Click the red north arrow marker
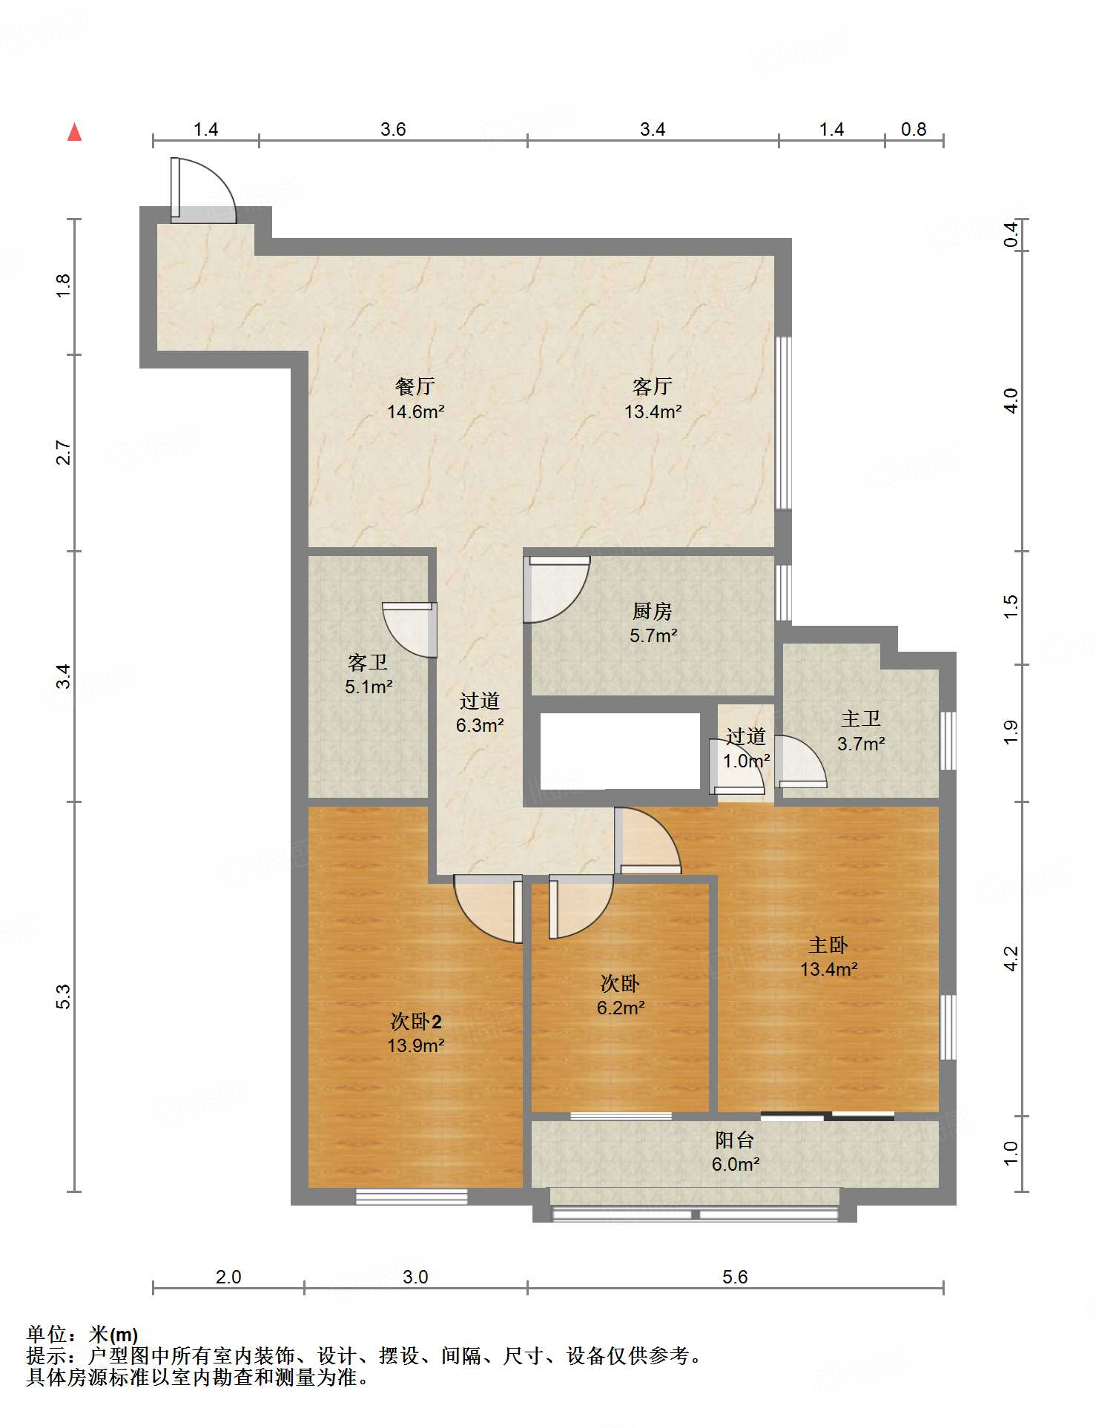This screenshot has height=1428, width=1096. (74, 132)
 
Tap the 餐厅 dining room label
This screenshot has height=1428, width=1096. (415, 386)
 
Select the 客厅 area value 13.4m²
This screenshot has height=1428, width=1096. (653, 411)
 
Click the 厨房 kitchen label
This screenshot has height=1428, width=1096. (653, 611)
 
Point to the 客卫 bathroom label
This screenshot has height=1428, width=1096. (368, 662)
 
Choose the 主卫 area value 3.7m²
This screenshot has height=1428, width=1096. (861, 744)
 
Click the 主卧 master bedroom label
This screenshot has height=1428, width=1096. (828, 945)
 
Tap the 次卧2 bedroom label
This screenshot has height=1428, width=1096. (416, 1022)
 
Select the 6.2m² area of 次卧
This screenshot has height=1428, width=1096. (621, 1008)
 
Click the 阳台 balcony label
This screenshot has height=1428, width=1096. (735, 1140)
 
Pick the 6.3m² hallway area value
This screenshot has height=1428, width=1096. (480, 725)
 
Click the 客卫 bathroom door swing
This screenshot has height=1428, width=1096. (409, 629)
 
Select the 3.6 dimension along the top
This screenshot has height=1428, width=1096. (393, 130)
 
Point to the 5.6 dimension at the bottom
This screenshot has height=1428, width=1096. (735, 1277)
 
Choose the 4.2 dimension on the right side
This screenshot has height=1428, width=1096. (1011, 958)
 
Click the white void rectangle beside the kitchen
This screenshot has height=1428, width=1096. (620, 751)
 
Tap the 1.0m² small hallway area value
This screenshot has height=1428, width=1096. (746, 761)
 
